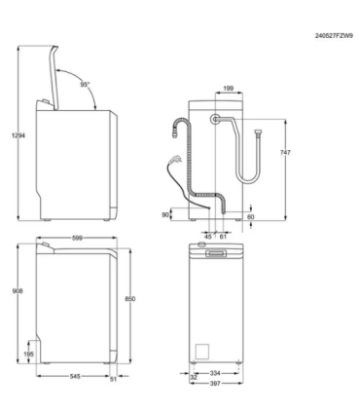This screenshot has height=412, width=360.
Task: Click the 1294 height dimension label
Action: [x=18, y=135]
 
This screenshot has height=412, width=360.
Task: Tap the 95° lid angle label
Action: [x=85, y=85]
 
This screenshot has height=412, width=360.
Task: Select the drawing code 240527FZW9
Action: [x=334, y=36]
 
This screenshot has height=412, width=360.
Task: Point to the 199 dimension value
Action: [x=229, y=88]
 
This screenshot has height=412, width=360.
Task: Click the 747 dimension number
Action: [x=285, y=152]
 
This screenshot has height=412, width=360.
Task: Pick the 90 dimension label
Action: [x=165, y=214]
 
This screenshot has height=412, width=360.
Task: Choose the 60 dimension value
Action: [x=251, y=216]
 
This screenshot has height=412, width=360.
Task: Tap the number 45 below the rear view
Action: [x=208, y=237]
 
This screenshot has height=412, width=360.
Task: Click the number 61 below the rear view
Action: [x=223, y=237]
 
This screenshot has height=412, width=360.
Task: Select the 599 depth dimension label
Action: [x=77, y=238]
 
